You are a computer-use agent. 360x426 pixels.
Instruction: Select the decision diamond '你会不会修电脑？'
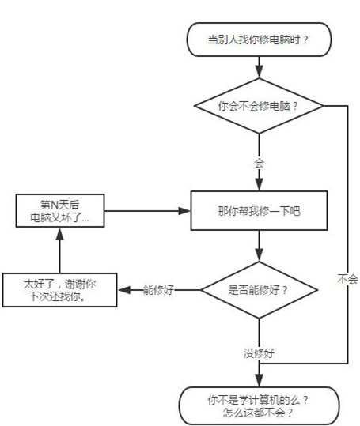tap(258, 105)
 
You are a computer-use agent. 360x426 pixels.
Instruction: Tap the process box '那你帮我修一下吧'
tap(258, 212)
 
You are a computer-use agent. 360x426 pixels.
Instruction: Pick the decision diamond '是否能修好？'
tap(258, 289)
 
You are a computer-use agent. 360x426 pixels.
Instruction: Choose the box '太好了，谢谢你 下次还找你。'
tap(60, 289)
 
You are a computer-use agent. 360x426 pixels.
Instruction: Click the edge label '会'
tap(258, 163)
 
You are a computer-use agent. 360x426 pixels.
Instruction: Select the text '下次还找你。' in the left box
tap(60, 298)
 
